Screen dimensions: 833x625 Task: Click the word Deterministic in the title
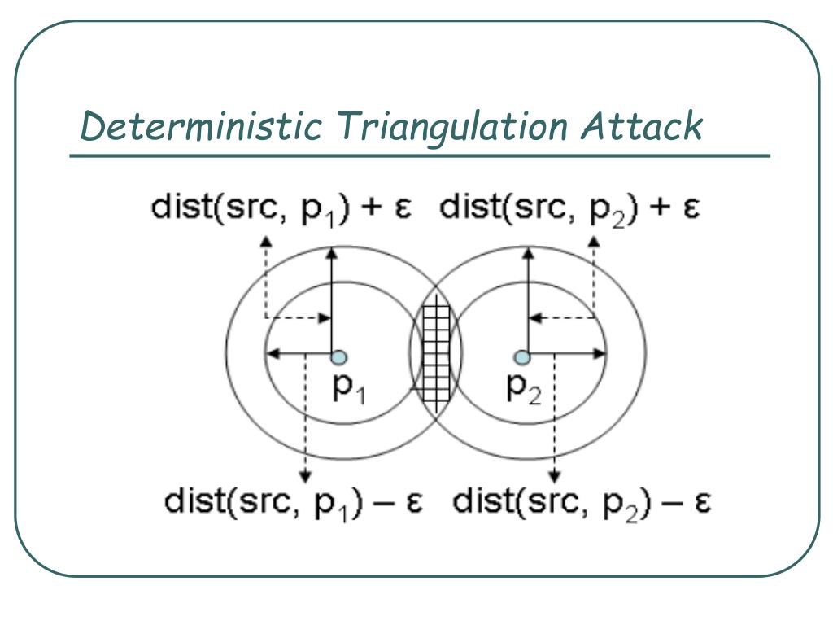[x=204, y=127]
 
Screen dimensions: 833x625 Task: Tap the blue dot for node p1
[x=338, y=356]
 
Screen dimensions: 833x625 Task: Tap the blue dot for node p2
[x=522, y=356]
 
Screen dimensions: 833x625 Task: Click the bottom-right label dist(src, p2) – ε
[x=582, y=500]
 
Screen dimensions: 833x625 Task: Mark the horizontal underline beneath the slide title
[x=419, y=155]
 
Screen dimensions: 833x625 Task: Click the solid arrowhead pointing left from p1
[x=273, y=354]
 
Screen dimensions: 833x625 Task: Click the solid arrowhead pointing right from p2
[x=601, y=354]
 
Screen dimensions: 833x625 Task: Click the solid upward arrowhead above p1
[x=332, y=255]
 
